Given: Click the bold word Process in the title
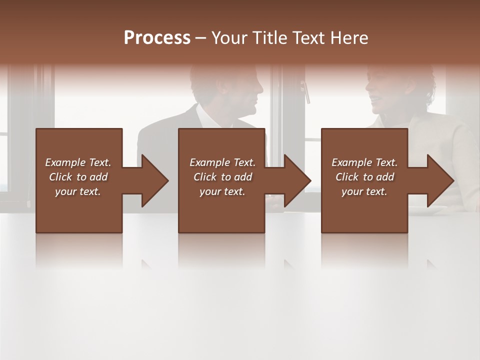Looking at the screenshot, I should (x=157, y=38).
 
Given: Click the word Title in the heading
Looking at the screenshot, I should (x=268, y=38).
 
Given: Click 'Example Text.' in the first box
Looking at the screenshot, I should (x=78, y=162).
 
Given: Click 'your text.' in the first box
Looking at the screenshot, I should (x=78, y=191).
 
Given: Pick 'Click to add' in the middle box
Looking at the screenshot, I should (x=222, y=177).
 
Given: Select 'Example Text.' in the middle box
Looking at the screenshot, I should (x=222, y=162).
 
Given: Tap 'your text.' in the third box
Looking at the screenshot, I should (x=364, y=191).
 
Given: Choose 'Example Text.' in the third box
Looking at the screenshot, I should (x=364, y=162).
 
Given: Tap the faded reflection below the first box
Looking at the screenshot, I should (x=78, y=250).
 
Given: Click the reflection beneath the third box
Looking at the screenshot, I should (x=364, y=250).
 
